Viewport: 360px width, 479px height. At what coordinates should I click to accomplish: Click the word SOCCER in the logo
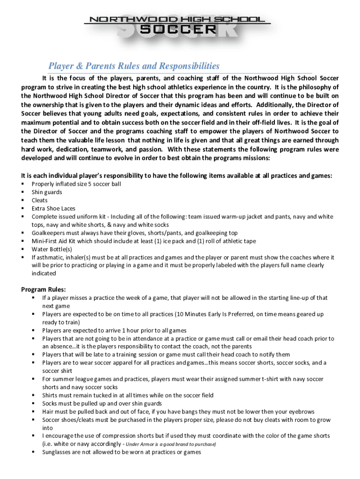[x=179, y=29]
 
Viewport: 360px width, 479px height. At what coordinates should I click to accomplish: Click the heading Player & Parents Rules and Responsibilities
[x=134, y=66]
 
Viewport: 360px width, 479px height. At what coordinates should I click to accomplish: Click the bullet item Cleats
[x=40, y=200]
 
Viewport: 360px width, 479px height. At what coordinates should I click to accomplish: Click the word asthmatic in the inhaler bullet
[x=49, y=257]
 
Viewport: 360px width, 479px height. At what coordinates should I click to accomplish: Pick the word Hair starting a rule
[x=48, y=412]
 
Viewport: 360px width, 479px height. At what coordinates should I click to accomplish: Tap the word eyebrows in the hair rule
[x=301, y=412]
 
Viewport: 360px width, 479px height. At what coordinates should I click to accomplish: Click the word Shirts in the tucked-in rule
[x=50, y=395]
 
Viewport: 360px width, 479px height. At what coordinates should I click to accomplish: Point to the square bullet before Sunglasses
[x=34, y=452]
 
